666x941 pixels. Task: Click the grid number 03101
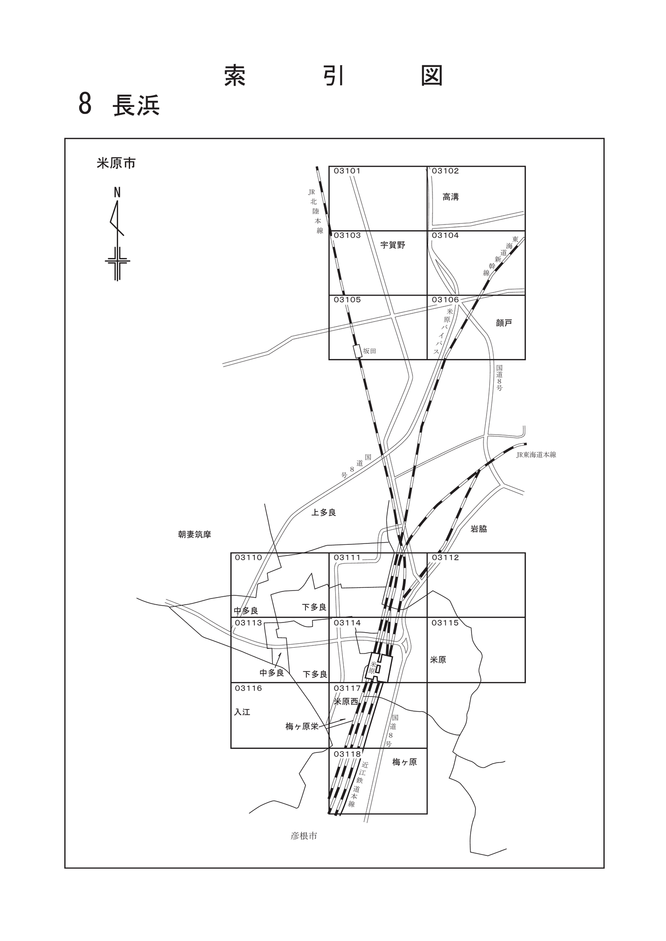point(347,171)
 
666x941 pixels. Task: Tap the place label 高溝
point(451,197)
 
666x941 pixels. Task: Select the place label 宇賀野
point(393,245)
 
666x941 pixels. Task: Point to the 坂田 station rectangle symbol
point(357,351)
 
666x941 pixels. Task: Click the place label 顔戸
point(504,323)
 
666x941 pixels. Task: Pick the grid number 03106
point(445,300)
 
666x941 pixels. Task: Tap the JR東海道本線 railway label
point(536,455)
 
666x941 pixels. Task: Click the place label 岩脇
point(479,529)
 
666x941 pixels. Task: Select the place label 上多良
point(324,512)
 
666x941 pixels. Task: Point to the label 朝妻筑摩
point(194,535)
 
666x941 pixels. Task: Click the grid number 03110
point(249,558)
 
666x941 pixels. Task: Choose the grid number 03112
point(445,558)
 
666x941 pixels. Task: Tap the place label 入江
point(242,712)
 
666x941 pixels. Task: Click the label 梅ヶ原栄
point(302,727)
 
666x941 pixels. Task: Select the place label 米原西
point(346,701)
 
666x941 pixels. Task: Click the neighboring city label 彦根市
point(304,836)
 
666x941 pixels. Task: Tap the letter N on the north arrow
point(117,192)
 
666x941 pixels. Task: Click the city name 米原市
point(116,164)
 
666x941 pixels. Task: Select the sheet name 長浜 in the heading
point(136,106)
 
